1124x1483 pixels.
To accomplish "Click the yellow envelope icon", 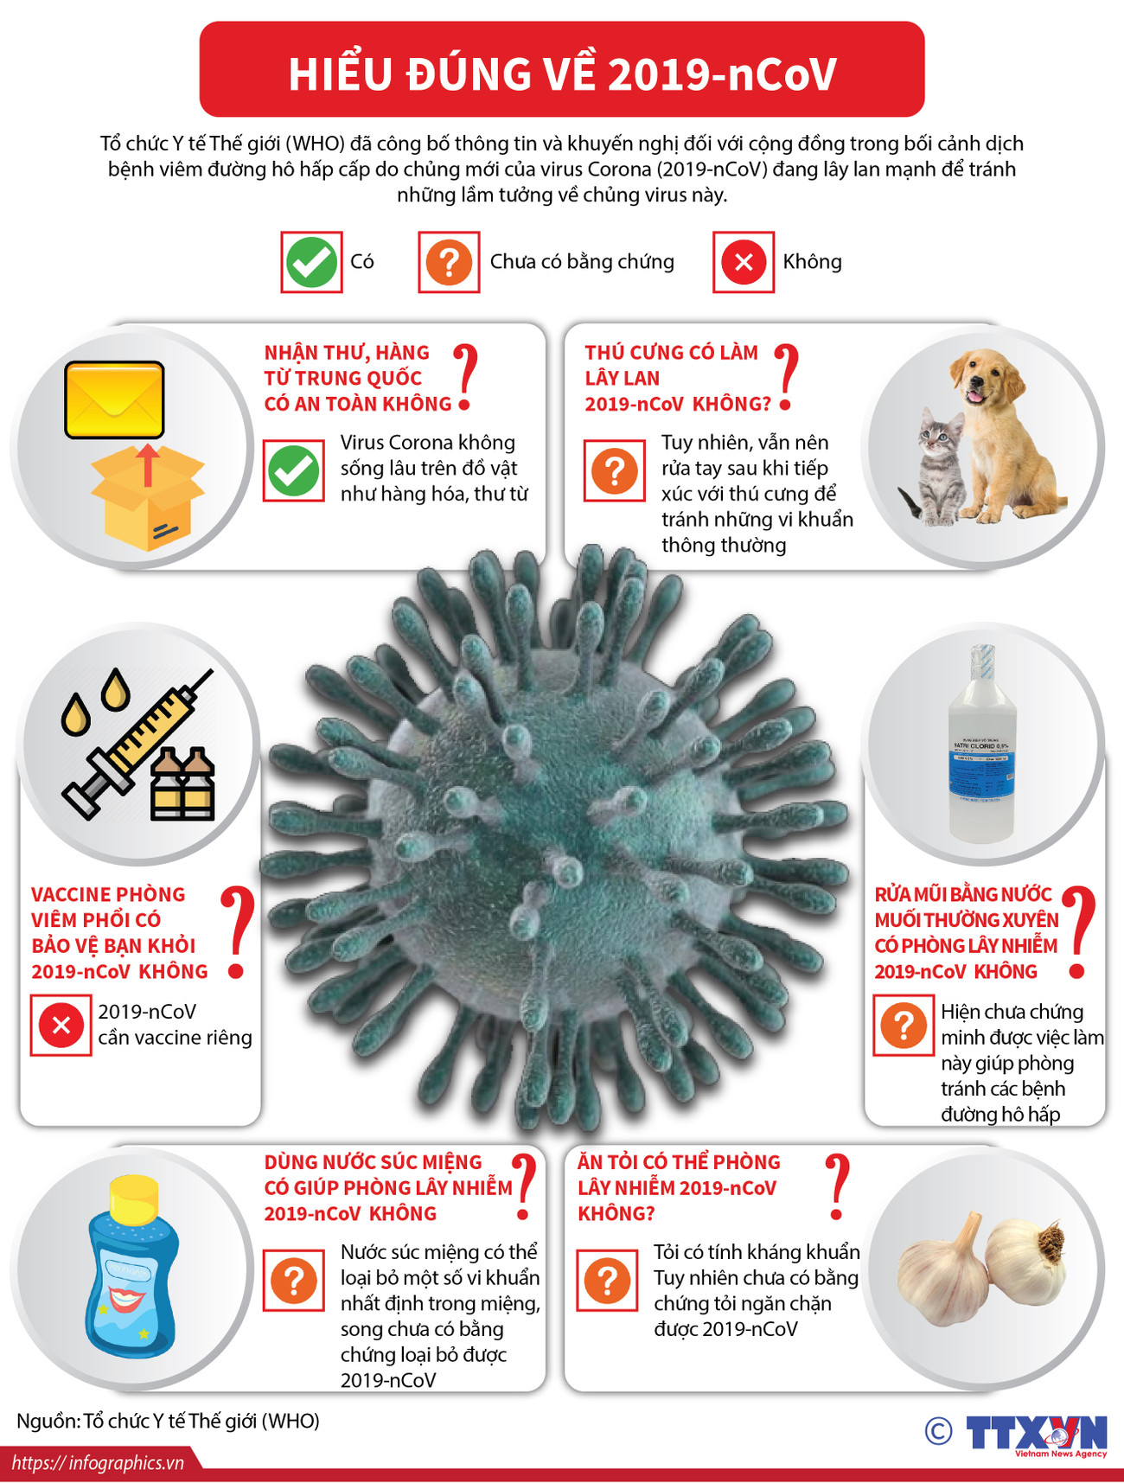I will point(114,400).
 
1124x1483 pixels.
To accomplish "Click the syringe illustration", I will point(138,744).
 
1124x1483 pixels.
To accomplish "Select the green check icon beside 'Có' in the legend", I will point(311,262).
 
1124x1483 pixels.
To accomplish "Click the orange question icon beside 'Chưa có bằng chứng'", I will point(449,262).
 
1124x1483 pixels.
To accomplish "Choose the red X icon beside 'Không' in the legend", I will point(743,262).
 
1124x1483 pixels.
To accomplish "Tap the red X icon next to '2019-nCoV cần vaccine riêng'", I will point(61,1026).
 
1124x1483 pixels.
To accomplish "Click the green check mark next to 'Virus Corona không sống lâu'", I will point(294,471).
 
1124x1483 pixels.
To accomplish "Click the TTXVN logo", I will point(1036,1434).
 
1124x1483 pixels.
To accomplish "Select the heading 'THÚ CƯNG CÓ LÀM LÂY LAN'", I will point(671,365).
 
